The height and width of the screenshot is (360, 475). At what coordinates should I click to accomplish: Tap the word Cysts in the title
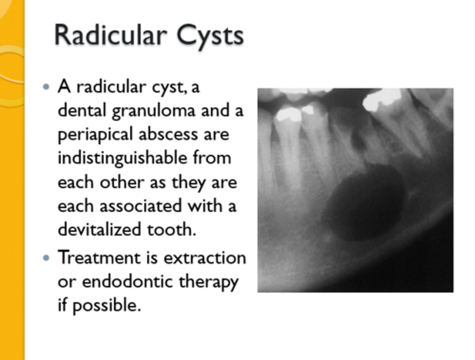[x=210, y=36]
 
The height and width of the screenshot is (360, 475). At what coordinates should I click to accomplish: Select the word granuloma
[x=154, y=111]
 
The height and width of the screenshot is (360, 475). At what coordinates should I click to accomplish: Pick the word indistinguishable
[x=122, y=158]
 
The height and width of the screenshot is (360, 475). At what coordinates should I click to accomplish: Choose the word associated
[x=141, y=206]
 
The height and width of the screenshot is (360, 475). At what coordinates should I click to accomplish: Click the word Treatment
[x=99, y=258]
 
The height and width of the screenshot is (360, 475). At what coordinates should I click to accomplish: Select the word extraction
[x=205, y=258]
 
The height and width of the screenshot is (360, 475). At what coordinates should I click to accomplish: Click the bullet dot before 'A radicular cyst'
[x=47, y=87]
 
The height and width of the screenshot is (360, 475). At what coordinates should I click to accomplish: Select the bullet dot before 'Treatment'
[x=47, y=258]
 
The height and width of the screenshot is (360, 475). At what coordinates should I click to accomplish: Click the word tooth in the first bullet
[x=171, y=229]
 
